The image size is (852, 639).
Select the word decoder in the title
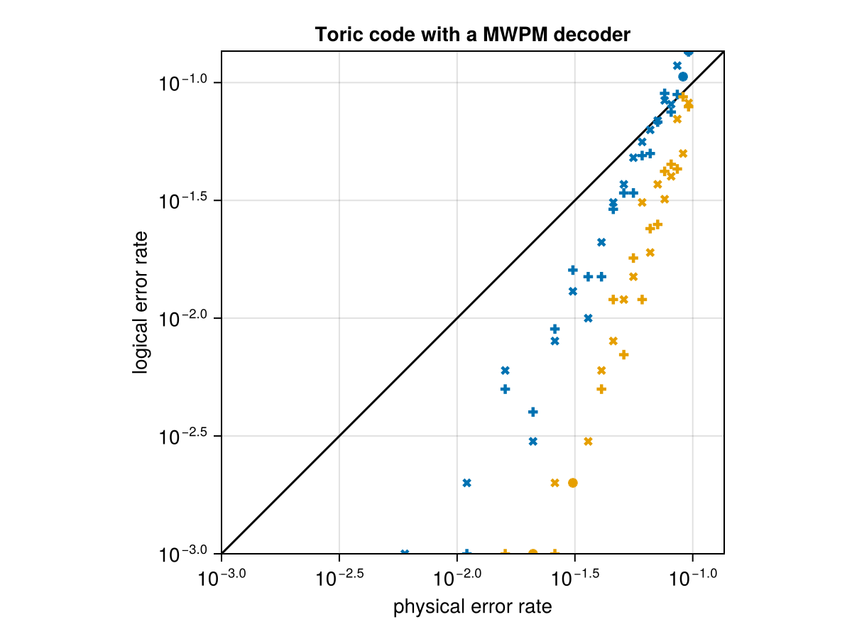tap(594, 34)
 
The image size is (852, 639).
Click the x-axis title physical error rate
tap(472, 608)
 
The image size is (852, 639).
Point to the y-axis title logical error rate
tap(141, 302)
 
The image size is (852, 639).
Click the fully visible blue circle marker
tap(683, 77)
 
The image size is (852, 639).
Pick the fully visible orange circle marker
tap(573, 483)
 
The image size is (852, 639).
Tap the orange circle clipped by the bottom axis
tap(532, 552)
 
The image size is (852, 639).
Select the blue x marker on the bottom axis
tap(405, 552)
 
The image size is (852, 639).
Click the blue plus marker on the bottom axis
tap(466, 552)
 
